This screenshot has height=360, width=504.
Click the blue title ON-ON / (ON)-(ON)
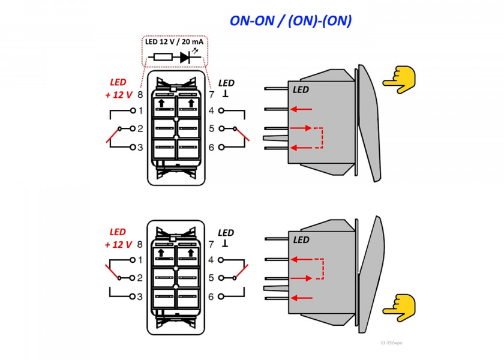(290, 20)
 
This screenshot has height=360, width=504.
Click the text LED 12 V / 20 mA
(174, 42)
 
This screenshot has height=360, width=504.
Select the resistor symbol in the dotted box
(163, 57)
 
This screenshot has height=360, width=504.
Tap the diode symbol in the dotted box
(185, 57)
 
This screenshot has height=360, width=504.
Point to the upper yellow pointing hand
(399, 80)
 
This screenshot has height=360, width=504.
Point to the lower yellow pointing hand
(399, 308)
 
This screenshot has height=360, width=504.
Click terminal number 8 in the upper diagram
(140, 95)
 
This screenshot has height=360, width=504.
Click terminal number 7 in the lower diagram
(211, 245)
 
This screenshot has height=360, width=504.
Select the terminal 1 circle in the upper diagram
(133, 110)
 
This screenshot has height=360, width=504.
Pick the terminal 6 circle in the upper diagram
(221, 147)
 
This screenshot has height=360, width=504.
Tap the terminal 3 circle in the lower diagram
(132, 296)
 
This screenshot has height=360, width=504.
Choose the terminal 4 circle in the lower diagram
(221, 260)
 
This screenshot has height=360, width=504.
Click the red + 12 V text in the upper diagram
(119, 95)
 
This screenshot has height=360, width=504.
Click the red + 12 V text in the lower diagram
(118, 245)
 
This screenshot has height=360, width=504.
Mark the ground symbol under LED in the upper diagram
(226, 94)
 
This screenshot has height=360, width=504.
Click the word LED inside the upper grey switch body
(301, 89)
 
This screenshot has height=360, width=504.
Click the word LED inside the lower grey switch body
(301, 240)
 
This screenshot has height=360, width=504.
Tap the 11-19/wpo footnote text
(391, 343)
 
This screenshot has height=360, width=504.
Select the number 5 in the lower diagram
(211, 278)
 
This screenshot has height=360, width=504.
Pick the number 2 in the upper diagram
(140, 128)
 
